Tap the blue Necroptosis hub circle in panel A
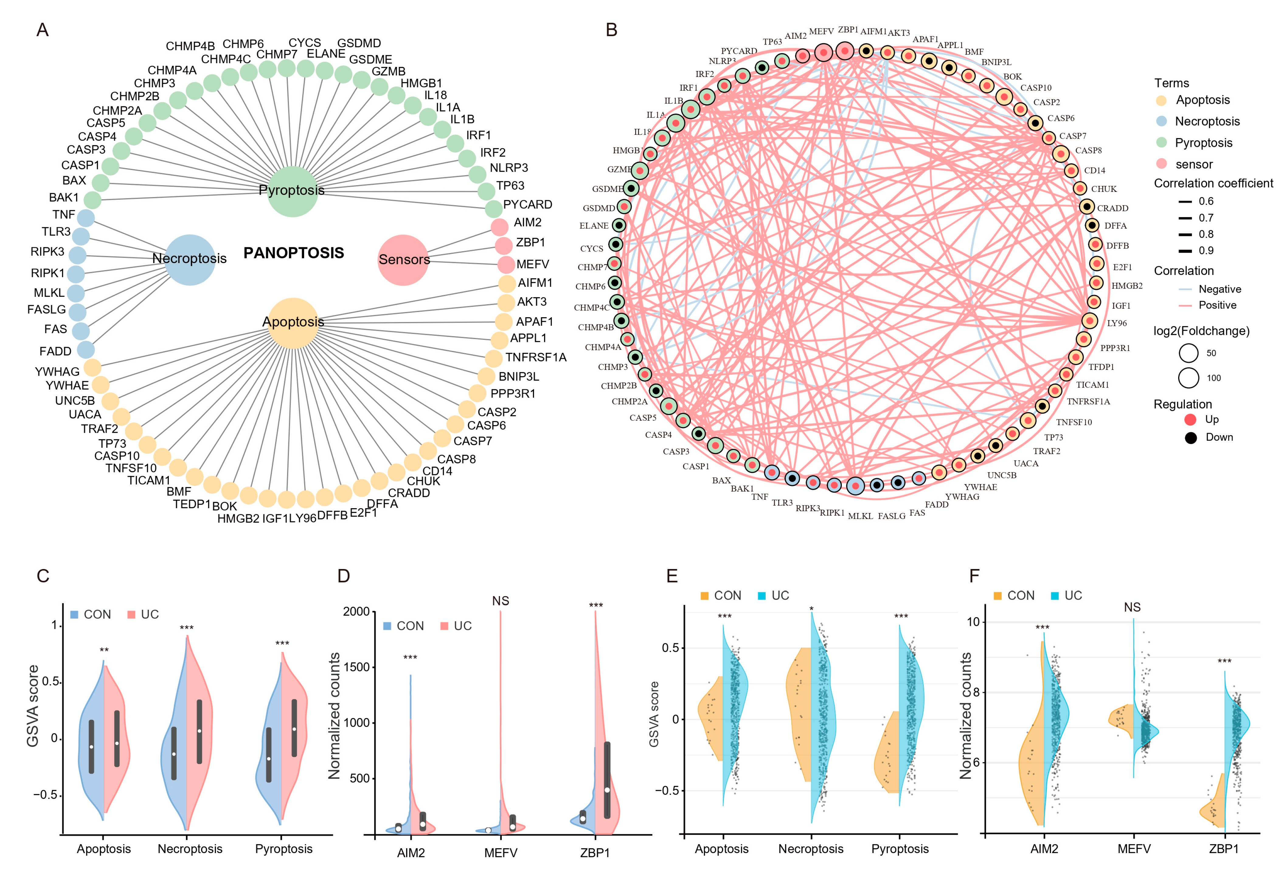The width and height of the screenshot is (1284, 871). (x=189, y=259)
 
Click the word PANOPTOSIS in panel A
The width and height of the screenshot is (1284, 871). (x=293, y=253)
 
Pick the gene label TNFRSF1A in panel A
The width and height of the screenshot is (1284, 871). (x=535, y=358)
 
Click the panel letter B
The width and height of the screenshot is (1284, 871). (x=611, y=30)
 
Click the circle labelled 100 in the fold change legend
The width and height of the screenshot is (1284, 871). (x=1189, y=378)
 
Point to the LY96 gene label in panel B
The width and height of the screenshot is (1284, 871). (x=1117, y=323)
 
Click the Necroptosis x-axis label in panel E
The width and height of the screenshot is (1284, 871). (x=810, y=849)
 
